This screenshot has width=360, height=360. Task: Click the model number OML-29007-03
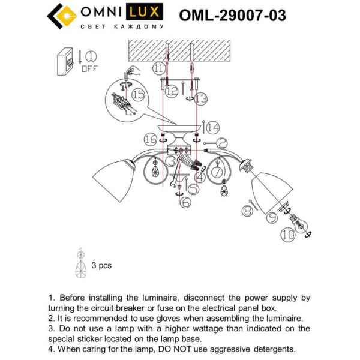pos(232,15)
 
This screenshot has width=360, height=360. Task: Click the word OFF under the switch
pos(90,69)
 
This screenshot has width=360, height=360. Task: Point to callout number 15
pos(138,94)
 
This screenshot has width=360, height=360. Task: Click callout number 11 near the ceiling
pos(158,69)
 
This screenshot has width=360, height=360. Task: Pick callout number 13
pos(200,98)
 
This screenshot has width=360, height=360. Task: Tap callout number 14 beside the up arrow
pos(214,126)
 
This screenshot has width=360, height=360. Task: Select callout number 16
pos(150,139)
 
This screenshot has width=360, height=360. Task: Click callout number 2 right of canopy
pos(221,143)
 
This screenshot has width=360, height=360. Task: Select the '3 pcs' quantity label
pos(101,265)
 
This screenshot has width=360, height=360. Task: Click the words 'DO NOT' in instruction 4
pos(178,349)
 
